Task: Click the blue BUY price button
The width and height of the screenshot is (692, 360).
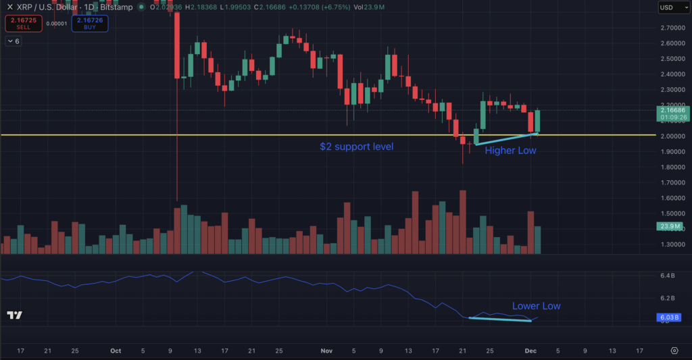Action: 90,24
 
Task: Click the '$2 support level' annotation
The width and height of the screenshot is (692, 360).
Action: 356,147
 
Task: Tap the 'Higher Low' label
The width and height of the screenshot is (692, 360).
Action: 510,151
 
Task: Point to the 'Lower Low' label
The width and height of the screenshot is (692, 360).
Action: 536,306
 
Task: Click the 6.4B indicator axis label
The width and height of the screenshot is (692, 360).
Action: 667,276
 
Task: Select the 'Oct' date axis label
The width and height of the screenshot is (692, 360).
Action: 116,351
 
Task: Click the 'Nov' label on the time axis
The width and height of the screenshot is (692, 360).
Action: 327,351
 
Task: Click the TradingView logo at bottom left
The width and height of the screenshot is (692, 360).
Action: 14,315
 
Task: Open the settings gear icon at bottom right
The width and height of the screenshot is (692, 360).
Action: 674,351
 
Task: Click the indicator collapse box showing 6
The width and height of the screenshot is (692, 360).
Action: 13,41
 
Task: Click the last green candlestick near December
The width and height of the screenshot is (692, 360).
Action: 538,121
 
